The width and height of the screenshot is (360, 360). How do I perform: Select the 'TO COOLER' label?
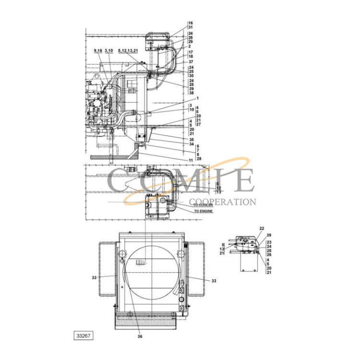(x=203, y=205)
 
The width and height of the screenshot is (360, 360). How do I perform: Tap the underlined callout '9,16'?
(x=98, y=51)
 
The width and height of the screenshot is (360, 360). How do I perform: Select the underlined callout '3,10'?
(x=109, y=51)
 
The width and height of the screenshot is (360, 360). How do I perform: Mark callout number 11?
(x=191, y=160)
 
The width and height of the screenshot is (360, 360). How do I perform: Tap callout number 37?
(x=191, y=62)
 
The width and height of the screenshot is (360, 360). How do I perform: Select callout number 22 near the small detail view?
(x=262, y=228)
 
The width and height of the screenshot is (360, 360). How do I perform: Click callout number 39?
(x=269, y=235)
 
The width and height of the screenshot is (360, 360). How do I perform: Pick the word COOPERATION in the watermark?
(x=223, y=202)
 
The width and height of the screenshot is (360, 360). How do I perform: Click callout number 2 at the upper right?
(x=190, y=47)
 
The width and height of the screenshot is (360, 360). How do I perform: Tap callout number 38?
(x=191, y=93)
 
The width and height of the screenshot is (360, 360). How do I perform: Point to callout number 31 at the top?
(x=191, y=27)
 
